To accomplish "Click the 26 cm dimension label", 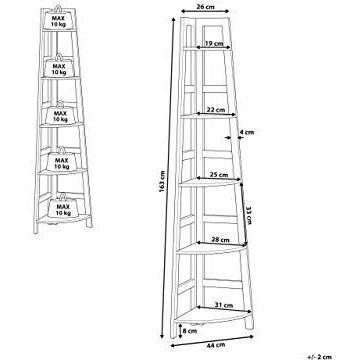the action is (205, 6).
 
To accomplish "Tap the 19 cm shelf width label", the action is (214, 43).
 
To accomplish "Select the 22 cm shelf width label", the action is (216, 109).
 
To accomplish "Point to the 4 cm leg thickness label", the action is (247, 132).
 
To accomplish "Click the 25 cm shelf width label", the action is (219, 174).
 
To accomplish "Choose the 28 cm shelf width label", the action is (220, 240).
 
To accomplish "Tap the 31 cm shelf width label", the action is (224, 305).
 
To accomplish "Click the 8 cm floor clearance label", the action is (190, 331).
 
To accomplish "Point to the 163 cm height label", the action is (163, 182).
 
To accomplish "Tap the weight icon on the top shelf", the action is (58, 18).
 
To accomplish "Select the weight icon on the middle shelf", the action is (60, 113).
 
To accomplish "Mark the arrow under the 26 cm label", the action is (205, 11).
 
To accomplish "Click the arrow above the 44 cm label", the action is (212, 341).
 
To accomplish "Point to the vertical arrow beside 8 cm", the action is (179, 331).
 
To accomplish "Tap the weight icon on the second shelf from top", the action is (59, 66).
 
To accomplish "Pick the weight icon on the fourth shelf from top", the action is (62, 160).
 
